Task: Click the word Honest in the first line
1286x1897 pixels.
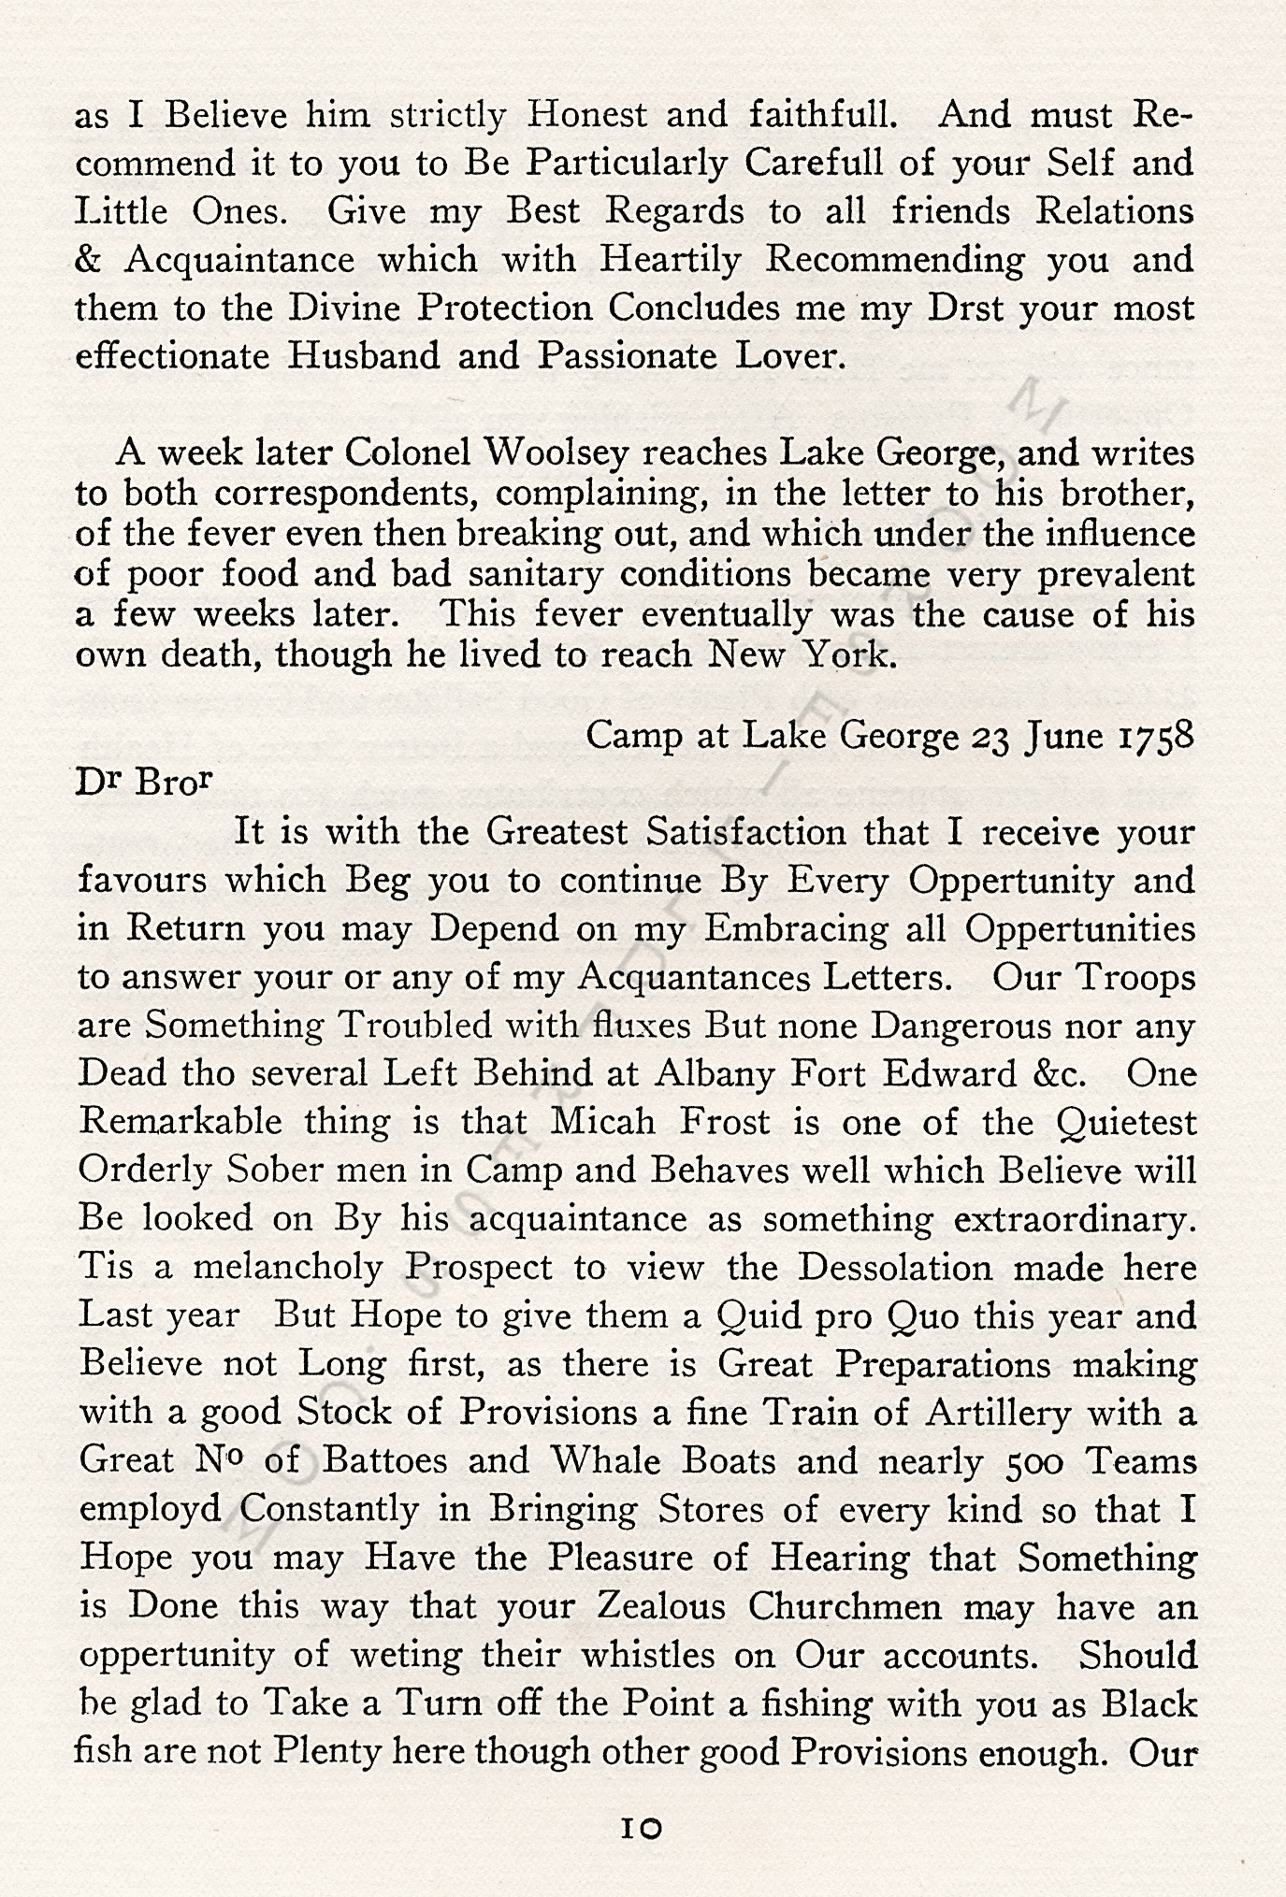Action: point(586,115)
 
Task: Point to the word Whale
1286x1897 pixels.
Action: point(592,1461)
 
